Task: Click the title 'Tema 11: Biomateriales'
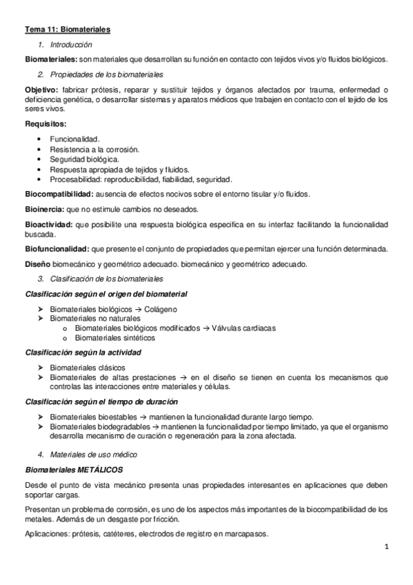(67, 30)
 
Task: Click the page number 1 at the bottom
(387, 548)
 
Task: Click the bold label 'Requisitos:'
(46, 124)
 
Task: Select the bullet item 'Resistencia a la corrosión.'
(94, 149)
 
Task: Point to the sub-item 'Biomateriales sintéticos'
(114, 338)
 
